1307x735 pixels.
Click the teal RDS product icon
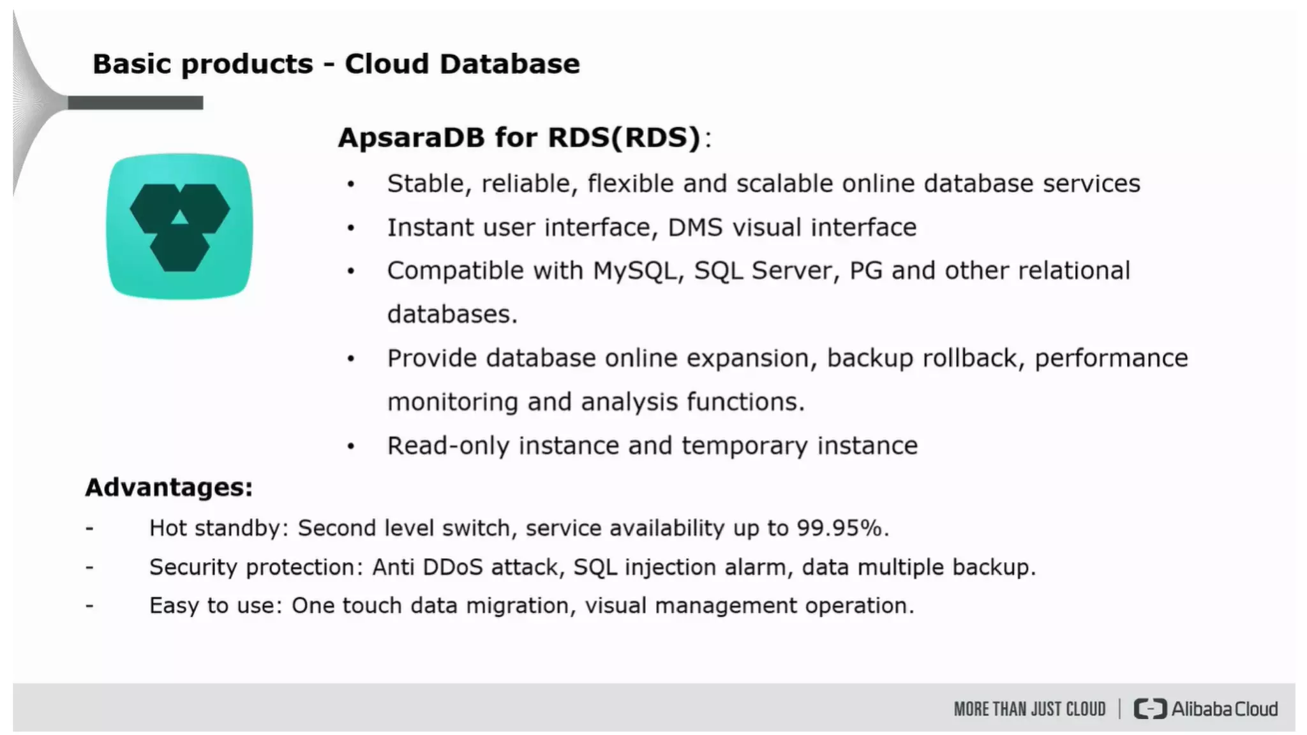coord(179,226)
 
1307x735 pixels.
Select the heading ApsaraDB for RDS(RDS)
coord(519,137)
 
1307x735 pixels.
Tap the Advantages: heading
coord(169,487)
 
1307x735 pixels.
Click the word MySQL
coord(634,271)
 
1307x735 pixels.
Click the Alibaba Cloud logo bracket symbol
coord(1149,709)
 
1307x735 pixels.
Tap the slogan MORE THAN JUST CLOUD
coord(1029,709)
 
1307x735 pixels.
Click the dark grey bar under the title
coord(135,103)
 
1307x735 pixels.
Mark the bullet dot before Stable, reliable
coord(351,185)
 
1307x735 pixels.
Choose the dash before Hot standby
coord(89,528)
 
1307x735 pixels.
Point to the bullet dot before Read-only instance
coord(351,447)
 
